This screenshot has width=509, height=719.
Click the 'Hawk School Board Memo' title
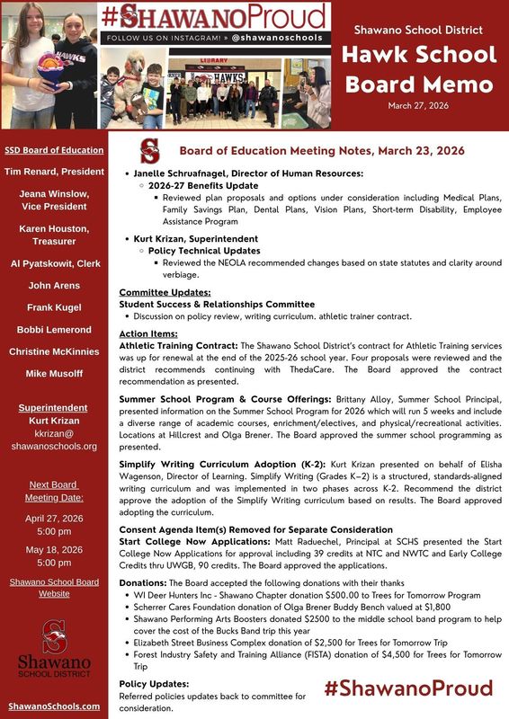point(419,69)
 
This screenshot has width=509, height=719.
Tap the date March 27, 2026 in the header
point(419,106)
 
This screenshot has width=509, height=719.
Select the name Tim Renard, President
point(54,171)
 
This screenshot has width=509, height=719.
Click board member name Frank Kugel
point(54,307)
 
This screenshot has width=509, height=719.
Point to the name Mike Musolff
point(54,372)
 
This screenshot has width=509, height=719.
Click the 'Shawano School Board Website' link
point(54,588)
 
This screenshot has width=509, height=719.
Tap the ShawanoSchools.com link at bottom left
point(54,706)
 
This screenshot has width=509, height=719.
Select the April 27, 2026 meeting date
point(54,518)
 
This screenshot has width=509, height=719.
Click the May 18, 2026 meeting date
point(54,549)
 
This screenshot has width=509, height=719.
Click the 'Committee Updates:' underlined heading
point(165,292)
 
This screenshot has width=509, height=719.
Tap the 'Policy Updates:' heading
point(154,684)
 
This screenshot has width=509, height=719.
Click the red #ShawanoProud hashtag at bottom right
point(408,688)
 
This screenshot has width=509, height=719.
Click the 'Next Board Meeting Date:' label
point(54,491)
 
